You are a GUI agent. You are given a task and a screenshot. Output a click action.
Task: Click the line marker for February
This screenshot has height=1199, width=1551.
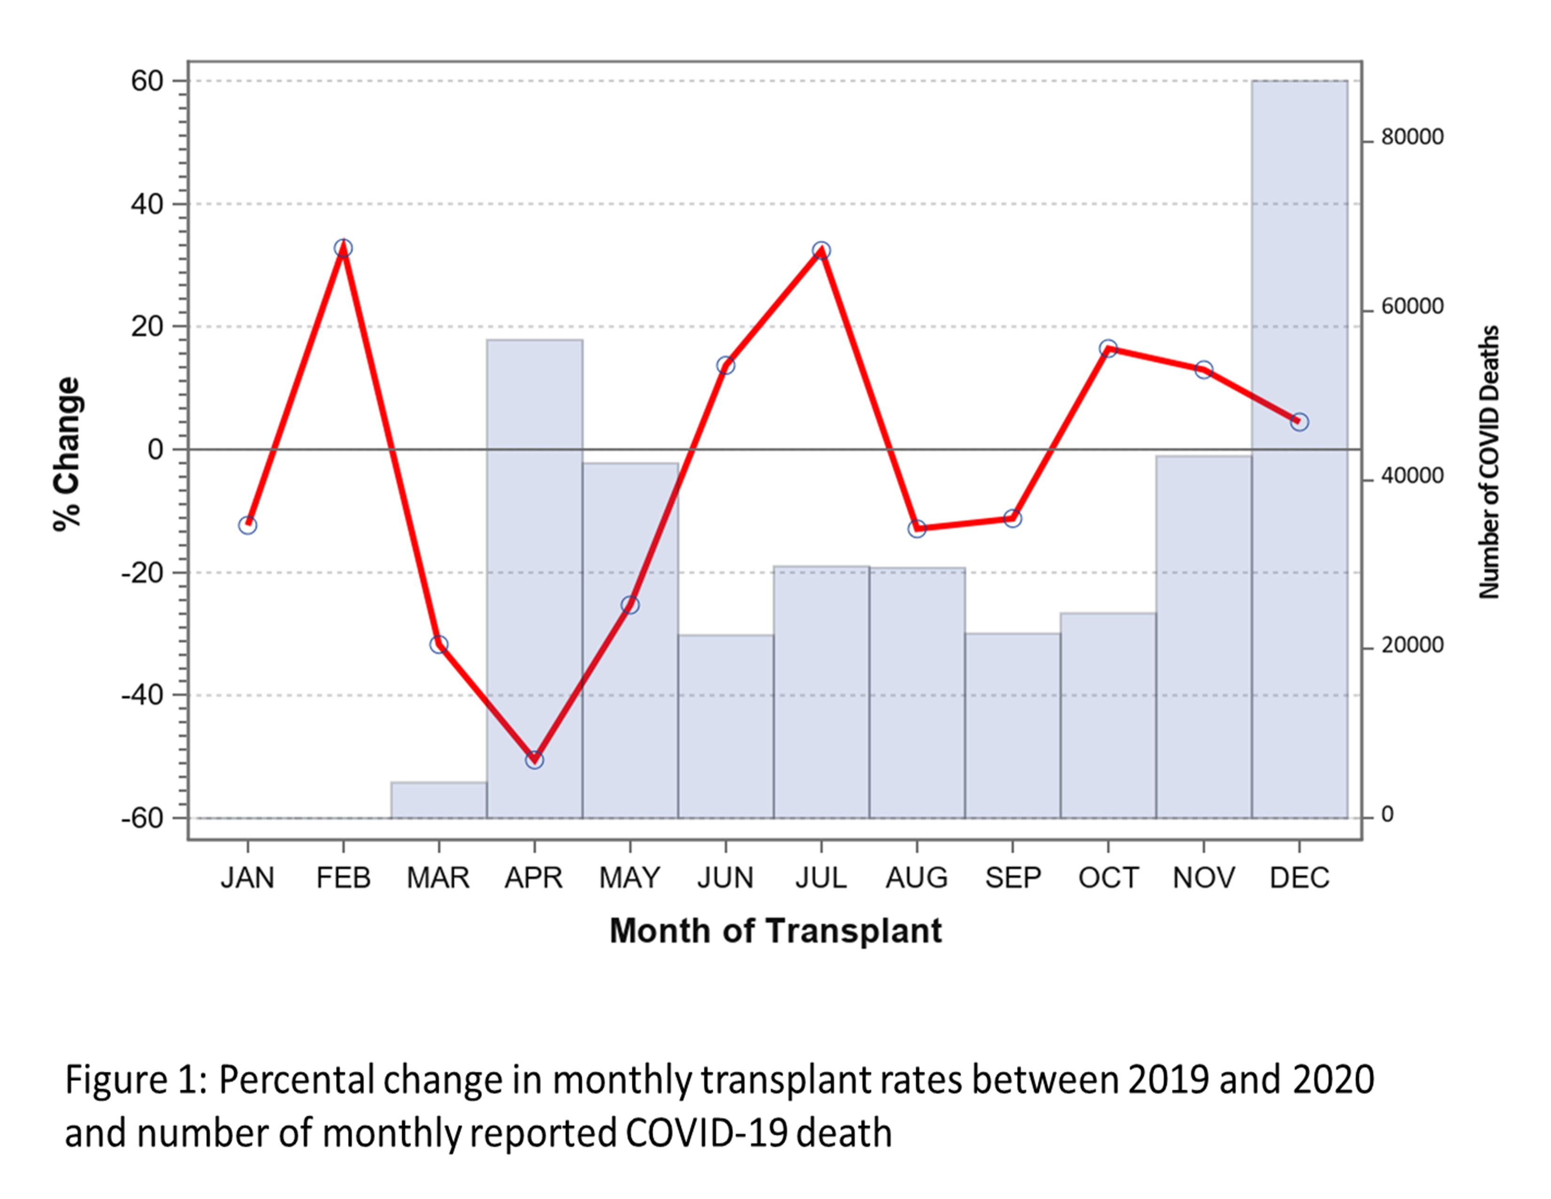pos(343,248)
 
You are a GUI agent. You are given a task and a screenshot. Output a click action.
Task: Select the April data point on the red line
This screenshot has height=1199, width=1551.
pos(534,759)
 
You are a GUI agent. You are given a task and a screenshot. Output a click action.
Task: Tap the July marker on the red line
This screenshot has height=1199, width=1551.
pos(821,251)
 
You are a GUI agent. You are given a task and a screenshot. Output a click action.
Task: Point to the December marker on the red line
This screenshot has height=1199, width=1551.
pos(1299,422)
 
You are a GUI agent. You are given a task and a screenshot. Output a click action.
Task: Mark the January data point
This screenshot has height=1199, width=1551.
pos(247,526)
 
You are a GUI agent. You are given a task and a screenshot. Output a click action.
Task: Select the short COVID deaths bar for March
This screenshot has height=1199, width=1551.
pos(438,801)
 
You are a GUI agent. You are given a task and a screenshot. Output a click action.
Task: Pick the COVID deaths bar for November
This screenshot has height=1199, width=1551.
pos(1203,639)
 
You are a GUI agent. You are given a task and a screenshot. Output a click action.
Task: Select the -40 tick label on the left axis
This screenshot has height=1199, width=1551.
pos(141,695)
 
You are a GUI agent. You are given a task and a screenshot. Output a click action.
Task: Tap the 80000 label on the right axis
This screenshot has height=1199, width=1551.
pos(1412,137)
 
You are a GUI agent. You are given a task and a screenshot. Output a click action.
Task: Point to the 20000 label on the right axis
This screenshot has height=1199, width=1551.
pos(1412,646)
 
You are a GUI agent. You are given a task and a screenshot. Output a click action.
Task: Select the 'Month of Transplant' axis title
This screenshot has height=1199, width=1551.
pos(775,931)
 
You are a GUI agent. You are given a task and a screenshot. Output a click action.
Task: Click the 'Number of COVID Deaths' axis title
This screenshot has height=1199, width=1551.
pos(1488,462)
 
